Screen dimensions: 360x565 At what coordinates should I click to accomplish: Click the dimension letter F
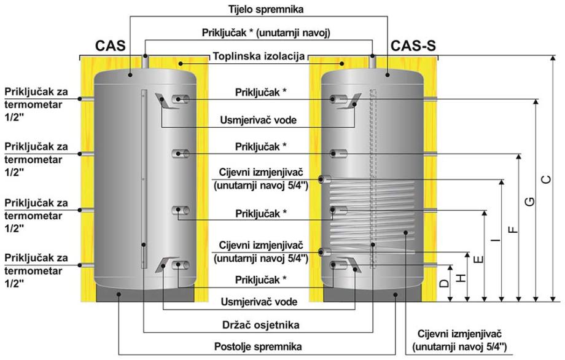click(513, 229)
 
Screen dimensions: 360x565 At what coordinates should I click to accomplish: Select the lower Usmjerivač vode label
click(260, 302)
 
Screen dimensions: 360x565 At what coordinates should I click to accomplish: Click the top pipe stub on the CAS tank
click(145, 63)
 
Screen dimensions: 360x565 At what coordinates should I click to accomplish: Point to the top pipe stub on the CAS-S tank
click(373, 63)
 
